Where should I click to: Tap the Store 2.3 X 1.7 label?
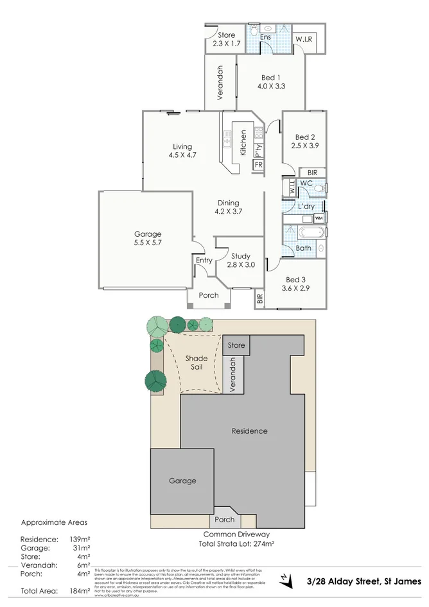click(x=226, y=40)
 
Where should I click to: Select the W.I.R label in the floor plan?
click(x=304, y=40)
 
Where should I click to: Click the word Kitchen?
click(x=243, y=143)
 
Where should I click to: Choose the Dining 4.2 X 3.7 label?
click(x=228, y=207)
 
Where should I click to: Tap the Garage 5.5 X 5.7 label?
click(x=148, y=239)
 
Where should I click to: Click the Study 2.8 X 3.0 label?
click(x=241, y=260)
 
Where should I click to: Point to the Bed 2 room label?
click(x=305, y=141)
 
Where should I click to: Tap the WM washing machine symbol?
click(x=319, y=218)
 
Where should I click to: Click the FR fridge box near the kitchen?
click(x=259, y=166)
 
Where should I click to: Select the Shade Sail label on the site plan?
click(x=196, y=363)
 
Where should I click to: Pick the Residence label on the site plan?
click(x=249, y=431)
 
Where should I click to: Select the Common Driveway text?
click(x=236, y=534)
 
